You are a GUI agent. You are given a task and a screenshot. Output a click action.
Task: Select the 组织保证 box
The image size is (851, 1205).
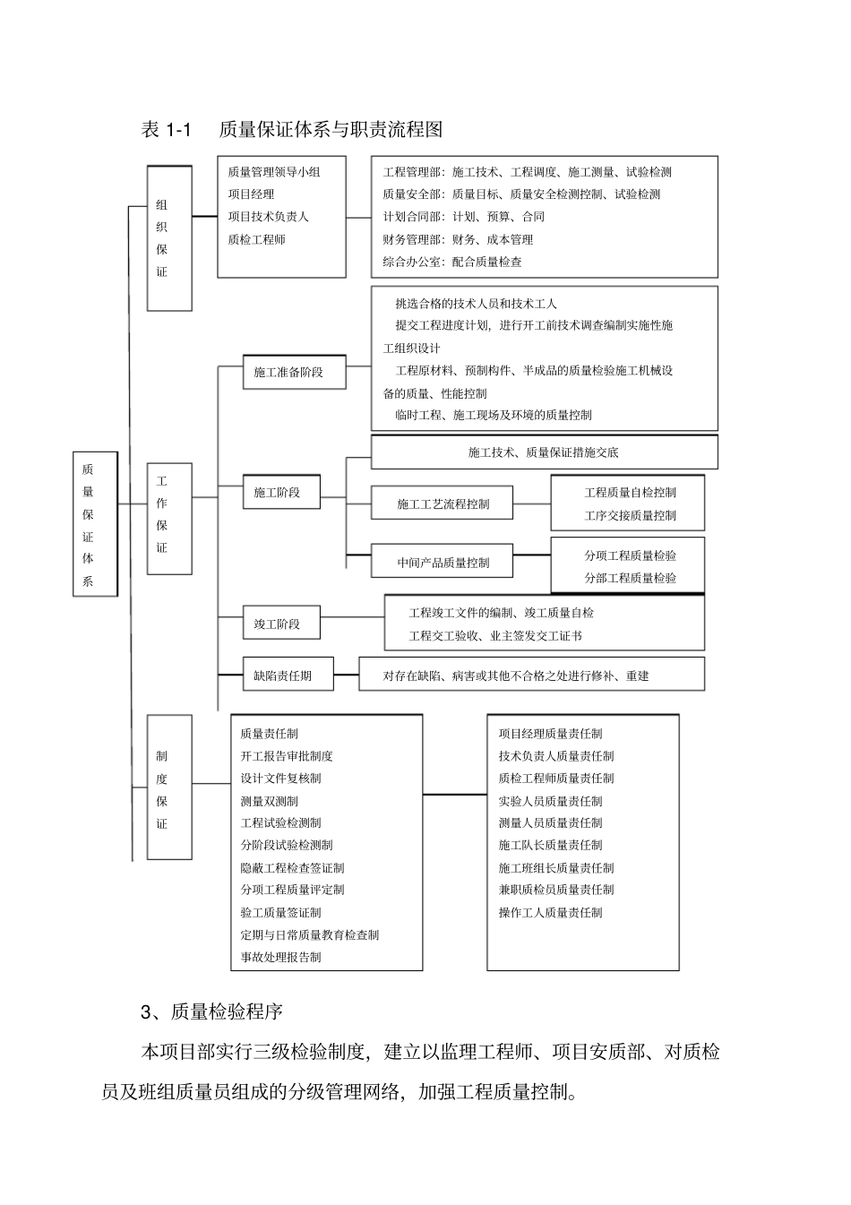pos(168,238)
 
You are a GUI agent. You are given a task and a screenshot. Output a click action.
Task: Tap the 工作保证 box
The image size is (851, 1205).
pos(168,518)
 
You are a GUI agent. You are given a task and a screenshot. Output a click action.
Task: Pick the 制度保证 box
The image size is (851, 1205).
pos(168,787)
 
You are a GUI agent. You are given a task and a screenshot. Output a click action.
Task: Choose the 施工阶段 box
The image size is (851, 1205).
pos(281,492)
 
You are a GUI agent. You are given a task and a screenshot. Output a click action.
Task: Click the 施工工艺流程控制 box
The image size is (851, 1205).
pos(443,504)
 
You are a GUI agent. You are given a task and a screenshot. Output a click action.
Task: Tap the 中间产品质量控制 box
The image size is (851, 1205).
pos(443,563)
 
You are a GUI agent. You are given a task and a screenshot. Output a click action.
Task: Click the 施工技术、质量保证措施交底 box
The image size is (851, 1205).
pos(544,452)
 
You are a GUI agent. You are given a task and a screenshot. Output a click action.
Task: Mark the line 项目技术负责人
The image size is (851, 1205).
pos(268,217)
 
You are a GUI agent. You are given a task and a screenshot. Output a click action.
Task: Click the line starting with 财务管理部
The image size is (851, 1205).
pos(458,240)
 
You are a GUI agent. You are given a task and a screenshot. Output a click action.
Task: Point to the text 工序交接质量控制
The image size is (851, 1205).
pos(630,515)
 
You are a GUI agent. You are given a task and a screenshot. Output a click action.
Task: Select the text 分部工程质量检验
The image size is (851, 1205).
pos(630,578)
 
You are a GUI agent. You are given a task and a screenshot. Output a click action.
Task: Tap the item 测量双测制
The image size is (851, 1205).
pos(269,801)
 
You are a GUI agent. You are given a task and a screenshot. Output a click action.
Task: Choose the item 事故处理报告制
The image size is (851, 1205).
pos(280,957)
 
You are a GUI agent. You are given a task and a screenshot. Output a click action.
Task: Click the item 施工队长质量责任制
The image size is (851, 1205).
pos(550,845)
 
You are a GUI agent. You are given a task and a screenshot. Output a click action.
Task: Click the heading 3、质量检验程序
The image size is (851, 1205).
pos(212,1011)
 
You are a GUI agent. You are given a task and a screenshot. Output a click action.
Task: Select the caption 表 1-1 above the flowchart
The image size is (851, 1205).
pos(167,130)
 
